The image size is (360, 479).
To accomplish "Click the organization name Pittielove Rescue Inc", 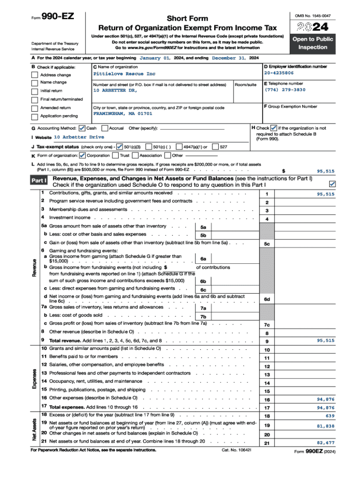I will pyautogui.click(x=124, y=74).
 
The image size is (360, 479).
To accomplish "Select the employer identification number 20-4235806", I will pyautogui.click(x=279, y=73).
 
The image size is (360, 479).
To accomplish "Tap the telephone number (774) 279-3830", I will pyautogui.click(x=285, y=90).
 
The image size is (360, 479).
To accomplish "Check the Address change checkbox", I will pyautogui.click(x=35, y=75).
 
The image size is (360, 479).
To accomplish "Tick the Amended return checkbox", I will pyautogui.click(x=35, y=108).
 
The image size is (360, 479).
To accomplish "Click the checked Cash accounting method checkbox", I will pyautogui.click(x=82, y=128).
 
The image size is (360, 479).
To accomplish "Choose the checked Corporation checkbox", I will pyautogui.click(x=83, y=155).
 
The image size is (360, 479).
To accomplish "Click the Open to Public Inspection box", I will pyautogui.click(x=313, y=43).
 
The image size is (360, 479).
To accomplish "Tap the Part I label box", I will pyautogui.click(x=39, y=181).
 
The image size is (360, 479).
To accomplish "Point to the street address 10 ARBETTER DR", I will pyautogui.click(x=115, y=90).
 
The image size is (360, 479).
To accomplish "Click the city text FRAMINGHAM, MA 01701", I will pyautogui.click(x=122, y=114).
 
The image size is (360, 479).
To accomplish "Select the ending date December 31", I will pyautogui.click(x=229, y=58).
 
